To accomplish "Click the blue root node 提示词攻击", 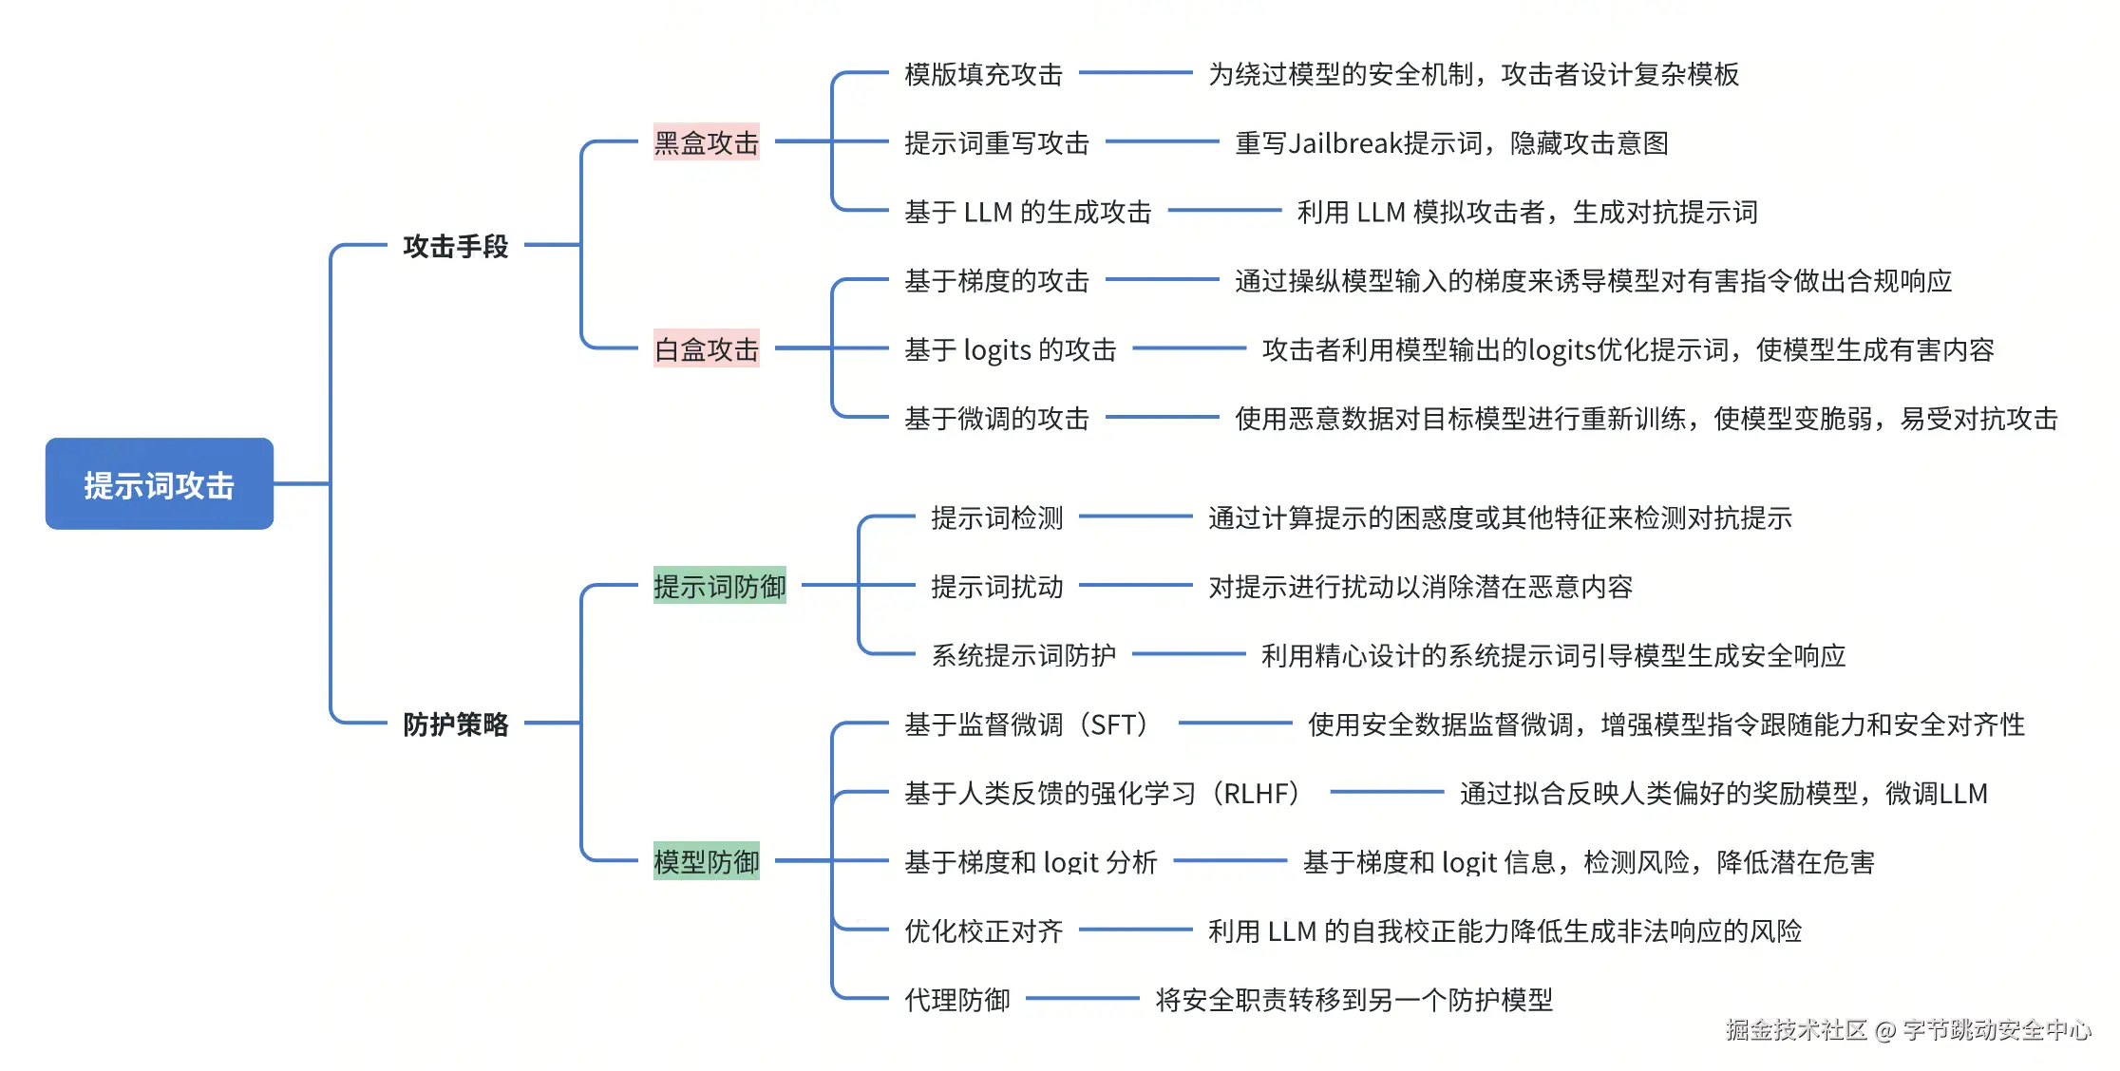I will tap(160, 484).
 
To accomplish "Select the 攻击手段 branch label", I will tap(455, 246).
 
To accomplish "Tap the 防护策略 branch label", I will tap(455, 724).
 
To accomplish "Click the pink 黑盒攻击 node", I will tap(706, 142).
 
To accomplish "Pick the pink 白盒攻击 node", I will tap(706, 349).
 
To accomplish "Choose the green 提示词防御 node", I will tap(719, 586).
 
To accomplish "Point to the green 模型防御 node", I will tap(706, 861).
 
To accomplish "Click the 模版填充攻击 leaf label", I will tap(983, 74).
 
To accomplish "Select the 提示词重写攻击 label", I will tap(996, 142).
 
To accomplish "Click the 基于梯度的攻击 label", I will tap(996, 280).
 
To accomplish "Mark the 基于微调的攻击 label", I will tap(996, 418).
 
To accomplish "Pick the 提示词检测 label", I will tap(996, 517).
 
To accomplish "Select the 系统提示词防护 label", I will tap(1023, 655).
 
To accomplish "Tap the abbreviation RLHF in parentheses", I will tap(1260, 793).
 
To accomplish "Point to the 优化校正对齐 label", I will tap(983, 930).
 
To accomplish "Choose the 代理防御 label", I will tap(956, 999).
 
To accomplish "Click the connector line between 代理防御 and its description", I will tap(1082, 998).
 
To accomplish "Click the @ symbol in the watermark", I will tap(1885, 1030).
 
